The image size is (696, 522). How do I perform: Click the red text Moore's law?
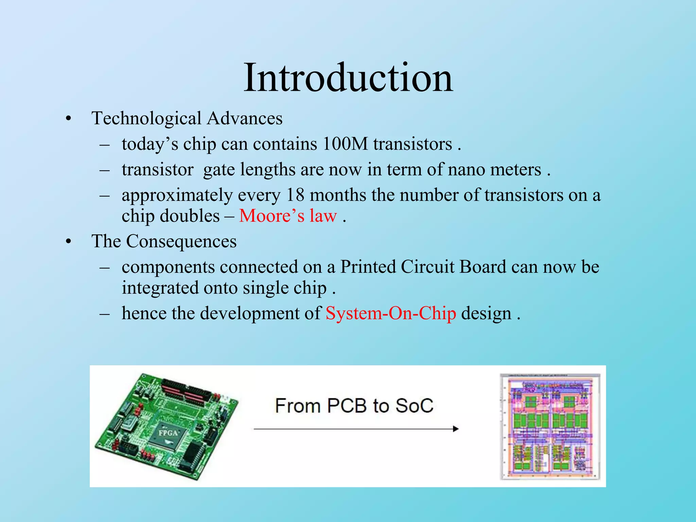point(288,216)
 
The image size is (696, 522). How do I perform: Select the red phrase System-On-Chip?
point(390,313)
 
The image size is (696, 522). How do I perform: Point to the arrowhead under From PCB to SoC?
point(455,429)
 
